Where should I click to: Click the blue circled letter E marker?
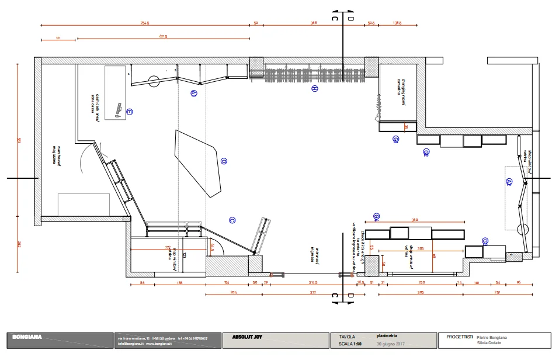pyautogui.click(x=130, y=112)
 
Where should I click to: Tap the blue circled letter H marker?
pyautogui.click(x=314, y=89)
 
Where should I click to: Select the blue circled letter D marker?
pyautogui.click(x=223, y=161)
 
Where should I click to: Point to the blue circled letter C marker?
pyautogui.click(x=232, y=220)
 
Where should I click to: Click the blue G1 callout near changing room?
pyautogui.click(x=395, y=139)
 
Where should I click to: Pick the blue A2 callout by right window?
pyautogui.click(x=509, y=182)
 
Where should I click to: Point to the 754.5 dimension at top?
pyautogui.click(x=145, y=23)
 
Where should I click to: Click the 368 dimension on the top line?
pyautogui.click(x=313, y=23)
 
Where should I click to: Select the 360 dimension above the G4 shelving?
pyautogui.click(x=415, y=220)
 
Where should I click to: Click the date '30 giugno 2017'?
pyautogui.click(x=390, y=343)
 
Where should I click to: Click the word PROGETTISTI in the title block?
pyautogui.click(x=459, y=337)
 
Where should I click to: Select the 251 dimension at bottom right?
pyautogui.click(x=497, y=292)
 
